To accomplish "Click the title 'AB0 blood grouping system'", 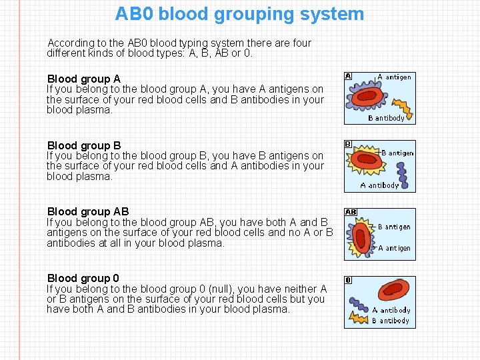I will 239,14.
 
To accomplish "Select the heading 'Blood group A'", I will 83,79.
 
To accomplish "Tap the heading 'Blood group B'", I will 83,145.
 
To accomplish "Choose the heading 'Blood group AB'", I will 87,211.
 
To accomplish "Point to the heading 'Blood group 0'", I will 83,278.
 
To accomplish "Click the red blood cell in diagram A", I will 368,96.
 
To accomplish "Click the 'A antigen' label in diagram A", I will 394,77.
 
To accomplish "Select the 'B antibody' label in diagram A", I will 386,119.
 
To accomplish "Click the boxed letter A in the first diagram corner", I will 348,76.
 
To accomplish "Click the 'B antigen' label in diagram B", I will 397,153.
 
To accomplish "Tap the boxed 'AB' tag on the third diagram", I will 351,212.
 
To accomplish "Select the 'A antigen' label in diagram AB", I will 394,248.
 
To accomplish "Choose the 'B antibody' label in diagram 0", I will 391,321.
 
